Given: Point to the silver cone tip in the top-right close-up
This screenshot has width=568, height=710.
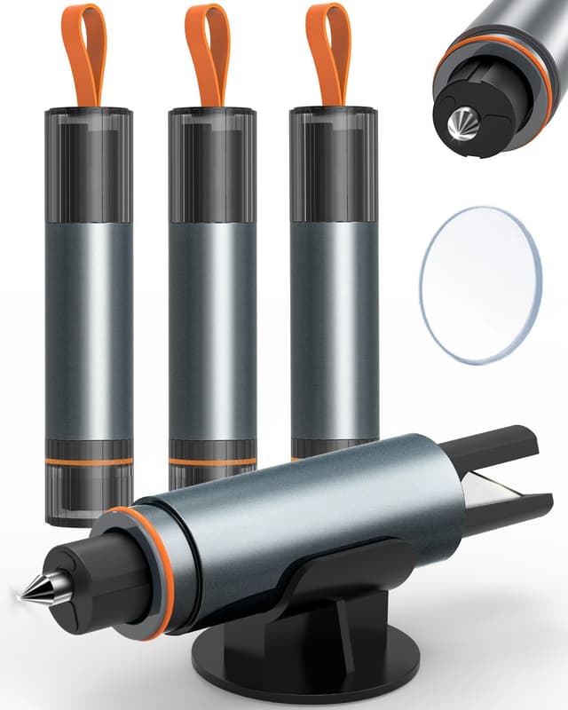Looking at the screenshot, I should [x=464, y=125].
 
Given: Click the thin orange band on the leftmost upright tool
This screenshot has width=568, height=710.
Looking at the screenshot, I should [x=89, y=461].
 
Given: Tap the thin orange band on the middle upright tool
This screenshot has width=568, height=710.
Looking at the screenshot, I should [x=211, y=461].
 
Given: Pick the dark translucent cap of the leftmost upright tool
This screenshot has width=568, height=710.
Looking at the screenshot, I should [x=89, y=164].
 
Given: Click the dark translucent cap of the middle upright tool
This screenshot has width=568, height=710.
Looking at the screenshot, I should [x=211, y=164].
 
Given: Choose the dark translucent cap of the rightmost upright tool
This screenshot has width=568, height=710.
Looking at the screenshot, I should [x=333, y=164].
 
